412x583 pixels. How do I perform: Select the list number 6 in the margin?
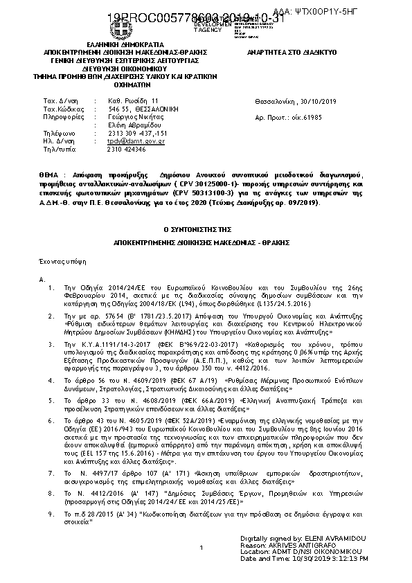[49, 420]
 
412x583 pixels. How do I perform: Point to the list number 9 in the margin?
[49, 514]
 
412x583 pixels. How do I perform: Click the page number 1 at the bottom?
[200, 548]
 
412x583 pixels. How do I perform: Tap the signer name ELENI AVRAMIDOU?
[328, 538]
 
